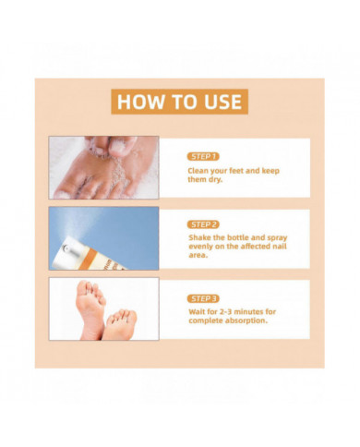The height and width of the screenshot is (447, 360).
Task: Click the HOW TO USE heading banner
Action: tap(179, 100)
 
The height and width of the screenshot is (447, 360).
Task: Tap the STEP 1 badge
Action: tap(204, 156)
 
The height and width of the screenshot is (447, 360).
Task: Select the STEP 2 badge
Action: tap(204, 224)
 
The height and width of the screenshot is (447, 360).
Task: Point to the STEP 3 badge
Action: tap(204, 298)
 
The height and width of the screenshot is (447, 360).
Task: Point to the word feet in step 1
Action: tap(247, 171)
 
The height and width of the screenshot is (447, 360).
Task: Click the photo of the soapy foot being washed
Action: tap(103, 167)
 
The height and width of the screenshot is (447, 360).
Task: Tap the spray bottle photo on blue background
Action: tap(103, 238)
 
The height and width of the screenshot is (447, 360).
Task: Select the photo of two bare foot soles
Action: tap(103, 308)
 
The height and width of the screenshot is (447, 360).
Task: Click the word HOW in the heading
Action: tap(138, 100)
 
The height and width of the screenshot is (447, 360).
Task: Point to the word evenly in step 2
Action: tap(201, 248)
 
